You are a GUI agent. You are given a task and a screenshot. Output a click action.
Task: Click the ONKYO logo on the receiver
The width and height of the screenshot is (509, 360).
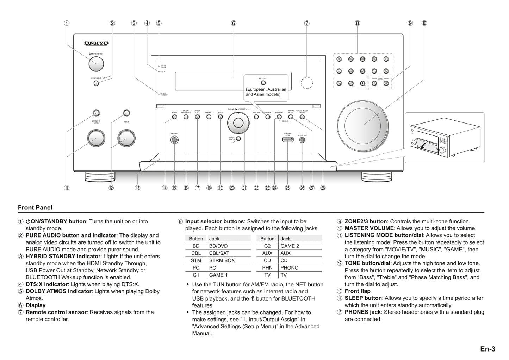click(x=96, y=43)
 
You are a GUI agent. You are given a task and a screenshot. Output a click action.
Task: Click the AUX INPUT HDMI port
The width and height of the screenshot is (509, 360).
click(x=288, y=140)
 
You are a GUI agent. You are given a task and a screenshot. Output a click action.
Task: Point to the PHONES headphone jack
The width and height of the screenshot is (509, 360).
click(x=174, y=140)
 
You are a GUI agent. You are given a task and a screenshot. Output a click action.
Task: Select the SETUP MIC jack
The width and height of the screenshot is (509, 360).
click(x=302, y=140)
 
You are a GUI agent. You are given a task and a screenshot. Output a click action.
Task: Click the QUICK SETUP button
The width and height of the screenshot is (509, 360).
click(x=238, y=138)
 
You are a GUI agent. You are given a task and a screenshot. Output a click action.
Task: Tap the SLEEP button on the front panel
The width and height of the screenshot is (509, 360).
click(x=174, y=117)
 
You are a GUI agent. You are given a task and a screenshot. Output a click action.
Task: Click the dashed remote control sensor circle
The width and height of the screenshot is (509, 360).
click(x=307, y=83)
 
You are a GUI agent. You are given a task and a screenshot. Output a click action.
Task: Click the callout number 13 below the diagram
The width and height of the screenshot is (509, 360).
click(x=137, y=188)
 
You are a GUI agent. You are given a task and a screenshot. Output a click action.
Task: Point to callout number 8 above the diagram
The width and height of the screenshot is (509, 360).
click(x=357, y=23)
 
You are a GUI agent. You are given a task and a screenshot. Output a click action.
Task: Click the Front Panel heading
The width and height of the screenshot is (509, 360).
click(x=35, y=208)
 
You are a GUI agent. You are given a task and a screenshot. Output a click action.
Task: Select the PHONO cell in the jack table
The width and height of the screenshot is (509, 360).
click(x=289, y=268)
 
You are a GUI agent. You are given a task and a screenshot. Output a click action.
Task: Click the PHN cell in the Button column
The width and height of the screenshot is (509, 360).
click(x=267, y=268)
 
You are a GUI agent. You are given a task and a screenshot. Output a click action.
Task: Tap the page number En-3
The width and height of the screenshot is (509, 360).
click(x=488, y=349)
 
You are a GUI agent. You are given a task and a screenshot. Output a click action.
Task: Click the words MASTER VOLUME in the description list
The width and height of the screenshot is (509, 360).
click(x=369, y=228)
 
